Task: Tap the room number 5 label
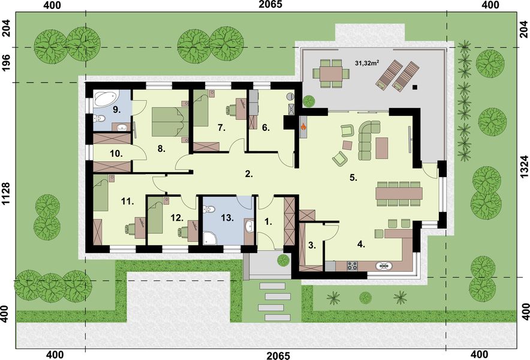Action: [354, 178]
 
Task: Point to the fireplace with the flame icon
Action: [303, 127]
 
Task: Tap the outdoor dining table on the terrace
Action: [328, 73]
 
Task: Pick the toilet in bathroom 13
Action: [209, 209]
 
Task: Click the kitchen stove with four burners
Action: [351, 266]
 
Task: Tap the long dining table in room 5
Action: [399, 194]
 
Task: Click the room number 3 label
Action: [311, 244]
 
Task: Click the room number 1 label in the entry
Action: [267, 221]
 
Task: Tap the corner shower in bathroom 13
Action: [210, 238]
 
